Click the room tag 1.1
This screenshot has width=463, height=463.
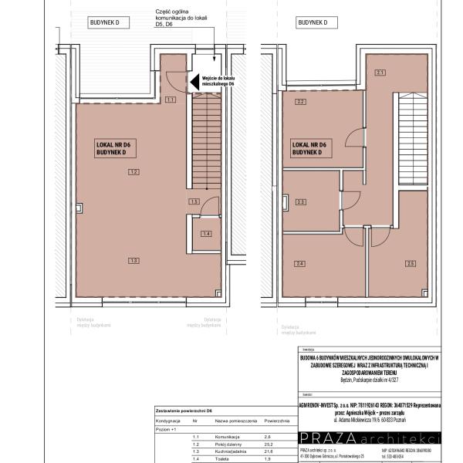click(171, 100)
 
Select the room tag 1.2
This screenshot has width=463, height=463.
click(133, 171)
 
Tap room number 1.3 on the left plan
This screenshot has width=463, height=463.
click(133, 261)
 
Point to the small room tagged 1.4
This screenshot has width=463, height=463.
click(206, 233)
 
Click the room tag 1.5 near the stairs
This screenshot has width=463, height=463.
click(194, 201)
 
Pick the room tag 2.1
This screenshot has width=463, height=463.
click(380, 73)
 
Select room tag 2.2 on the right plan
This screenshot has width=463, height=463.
click(301, 102)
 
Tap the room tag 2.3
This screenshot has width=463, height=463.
click(301, 202)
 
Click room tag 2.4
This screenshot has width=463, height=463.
click(301, 264)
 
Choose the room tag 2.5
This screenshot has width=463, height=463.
click(411, 264)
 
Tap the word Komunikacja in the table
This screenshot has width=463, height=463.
click(230, 437)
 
